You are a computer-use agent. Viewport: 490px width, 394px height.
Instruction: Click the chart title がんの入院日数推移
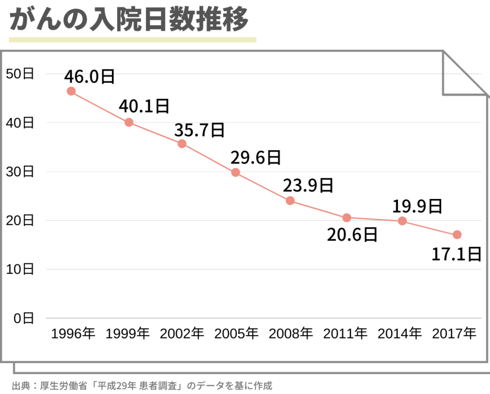click(129, 20)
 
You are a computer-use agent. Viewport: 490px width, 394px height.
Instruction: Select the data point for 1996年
click(71, 91)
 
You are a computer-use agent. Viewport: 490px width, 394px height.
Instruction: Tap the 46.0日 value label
click(90, 76)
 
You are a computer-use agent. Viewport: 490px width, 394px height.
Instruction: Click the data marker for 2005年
click(235, 172)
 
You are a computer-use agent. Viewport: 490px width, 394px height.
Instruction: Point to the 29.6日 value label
click(255, 157)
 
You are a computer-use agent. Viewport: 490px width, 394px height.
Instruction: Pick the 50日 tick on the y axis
click(20, 74)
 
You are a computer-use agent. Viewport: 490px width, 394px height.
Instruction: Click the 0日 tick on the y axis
click(23, 318)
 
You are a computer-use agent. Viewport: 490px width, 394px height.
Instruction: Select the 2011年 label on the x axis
click(345, 333)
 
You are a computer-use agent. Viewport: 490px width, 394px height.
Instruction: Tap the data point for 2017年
click(457, 234)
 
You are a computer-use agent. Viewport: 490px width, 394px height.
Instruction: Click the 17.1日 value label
click(456, 254)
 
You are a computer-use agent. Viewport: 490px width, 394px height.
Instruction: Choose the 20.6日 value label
click(352, 234)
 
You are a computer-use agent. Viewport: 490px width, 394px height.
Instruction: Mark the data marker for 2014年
click(402, 220)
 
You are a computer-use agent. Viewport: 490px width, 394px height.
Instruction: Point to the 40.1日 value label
click(144, 106)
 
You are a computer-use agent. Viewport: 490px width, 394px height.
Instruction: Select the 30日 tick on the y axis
click(20, 172)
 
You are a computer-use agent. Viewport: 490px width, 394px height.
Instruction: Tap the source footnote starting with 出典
click(142, 385)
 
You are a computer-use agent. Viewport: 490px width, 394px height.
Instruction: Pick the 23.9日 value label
click(308, 185)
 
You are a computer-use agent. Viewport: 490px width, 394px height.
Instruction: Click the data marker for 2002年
click(182, 143)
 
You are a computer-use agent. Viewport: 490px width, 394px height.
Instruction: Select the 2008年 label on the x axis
click(291, 333)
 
